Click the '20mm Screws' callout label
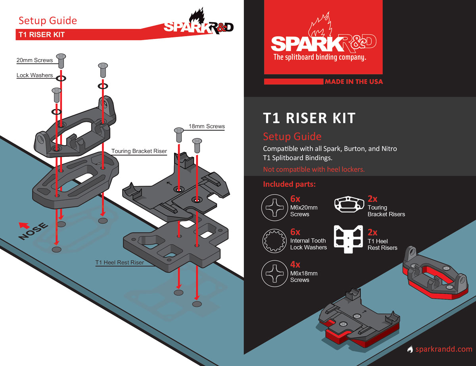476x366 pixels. coord(35,60)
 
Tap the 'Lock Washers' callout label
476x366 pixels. coord(35,75)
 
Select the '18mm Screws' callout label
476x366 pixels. coord(207,126)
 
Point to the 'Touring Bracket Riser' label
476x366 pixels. coord(139,151)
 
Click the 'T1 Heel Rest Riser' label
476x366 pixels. coord(120,262)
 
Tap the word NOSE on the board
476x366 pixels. coord(33,231)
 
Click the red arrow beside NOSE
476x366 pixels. coord(24,225)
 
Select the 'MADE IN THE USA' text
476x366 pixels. coord(353,82)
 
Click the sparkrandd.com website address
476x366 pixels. coord(444,349)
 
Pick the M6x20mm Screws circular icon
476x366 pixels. coord(274,207)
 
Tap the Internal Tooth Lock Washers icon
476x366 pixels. coord(274,241)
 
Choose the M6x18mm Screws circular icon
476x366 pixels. coord(274,274)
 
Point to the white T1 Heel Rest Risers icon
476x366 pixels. coord(348,239)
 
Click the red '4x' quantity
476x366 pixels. coord(295,264)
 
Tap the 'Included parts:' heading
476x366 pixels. coord(289,184)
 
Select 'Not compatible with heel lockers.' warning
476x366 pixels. coord(314,169)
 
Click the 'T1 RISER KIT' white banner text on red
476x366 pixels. coord(41,35)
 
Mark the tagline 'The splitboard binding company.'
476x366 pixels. coord(320,57)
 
